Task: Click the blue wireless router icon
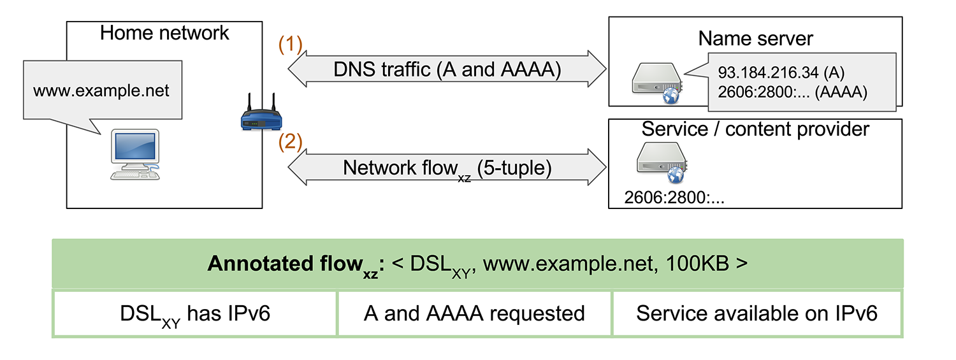[261, 116]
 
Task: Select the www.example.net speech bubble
[101, 91]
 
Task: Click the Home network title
[164, 33]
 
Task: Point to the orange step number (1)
[291, 45]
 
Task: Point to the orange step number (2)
[291, 142]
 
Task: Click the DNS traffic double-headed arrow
[447, 69]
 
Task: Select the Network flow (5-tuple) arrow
[447, 168]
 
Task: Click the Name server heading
[755, 38]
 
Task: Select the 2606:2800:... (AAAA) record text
[792, 92]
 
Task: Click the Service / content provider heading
[755, 129]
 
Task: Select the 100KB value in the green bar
[700, 264]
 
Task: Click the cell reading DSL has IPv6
[195, 313]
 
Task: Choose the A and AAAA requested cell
[474, 313]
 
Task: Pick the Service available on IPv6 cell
[757, 313]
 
